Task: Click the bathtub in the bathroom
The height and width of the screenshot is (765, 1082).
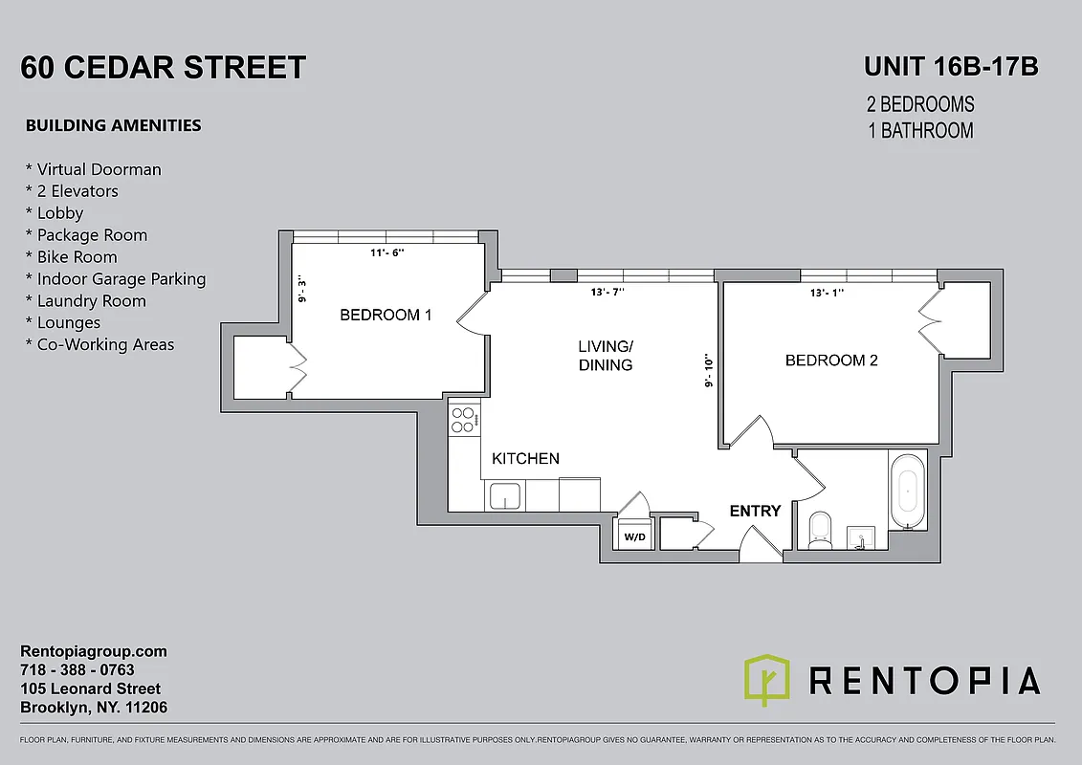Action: pyautogui.click(x=908, y=492)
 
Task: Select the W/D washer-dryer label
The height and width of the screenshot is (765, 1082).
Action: pyautogui.click(x=633, y=537)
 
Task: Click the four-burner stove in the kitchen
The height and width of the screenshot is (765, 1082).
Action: pyautogui.click(x=464, y=421)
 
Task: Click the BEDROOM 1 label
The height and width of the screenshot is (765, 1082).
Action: pyautogui.click(x=386, y=315)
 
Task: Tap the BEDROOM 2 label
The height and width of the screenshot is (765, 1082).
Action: pyautogui.click(x=831, y=361)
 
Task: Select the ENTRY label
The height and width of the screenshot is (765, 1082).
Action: pyautogui.click(x=755, y=511)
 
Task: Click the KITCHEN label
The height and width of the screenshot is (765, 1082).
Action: pyautogui.click(x=525, y=459)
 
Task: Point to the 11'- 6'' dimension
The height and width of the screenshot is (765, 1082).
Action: pyautogui.click(x=387, y=253)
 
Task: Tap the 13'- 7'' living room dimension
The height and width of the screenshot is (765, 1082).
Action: pyautogui.click(x=607, y=293)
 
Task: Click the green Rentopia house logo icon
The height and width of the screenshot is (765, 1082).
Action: pyautogui.click(x=767, y=680)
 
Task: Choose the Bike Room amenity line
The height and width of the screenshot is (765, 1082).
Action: pyautogui.click(x=77, y=257)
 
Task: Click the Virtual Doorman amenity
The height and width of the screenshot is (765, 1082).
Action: pyautogui.click(x=94, y=169)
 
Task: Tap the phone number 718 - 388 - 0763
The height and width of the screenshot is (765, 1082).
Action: pyautogui.click(x=77, y=670)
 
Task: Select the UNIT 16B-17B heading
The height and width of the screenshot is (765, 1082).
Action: pyautogui.click(x=951, y=67)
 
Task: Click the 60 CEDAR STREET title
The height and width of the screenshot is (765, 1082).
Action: pyautogui.click(x=164, y=68)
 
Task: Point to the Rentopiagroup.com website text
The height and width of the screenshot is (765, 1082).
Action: pyautogui.click(x=94, y=651)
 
